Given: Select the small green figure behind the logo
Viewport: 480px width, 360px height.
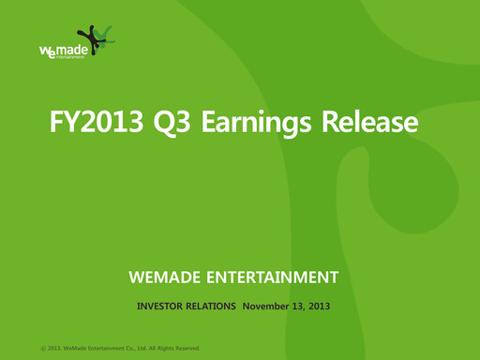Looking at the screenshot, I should coord(108,36).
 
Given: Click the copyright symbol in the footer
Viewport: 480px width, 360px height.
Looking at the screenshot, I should coord(43,349).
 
